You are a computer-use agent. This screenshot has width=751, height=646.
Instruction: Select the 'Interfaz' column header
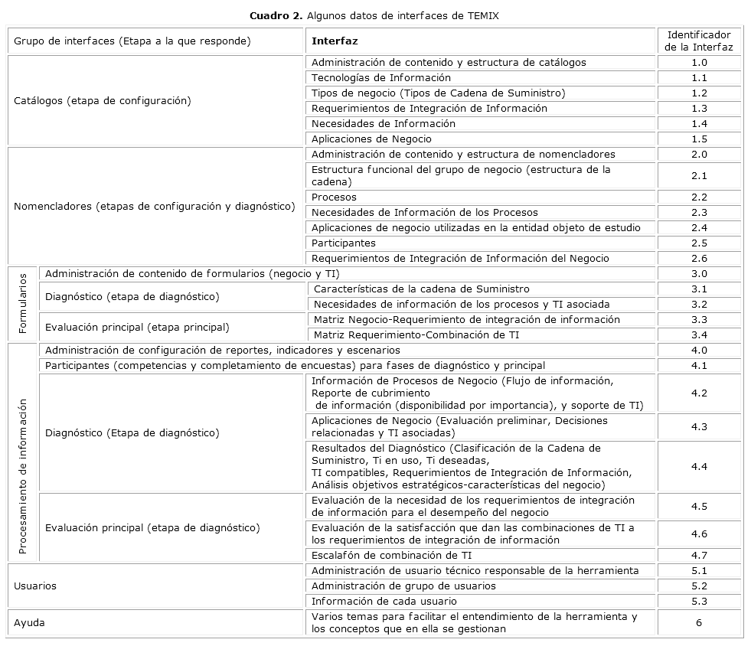coord(335,41)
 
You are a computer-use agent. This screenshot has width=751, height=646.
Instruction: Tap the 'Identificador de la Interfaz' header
coord(699,41)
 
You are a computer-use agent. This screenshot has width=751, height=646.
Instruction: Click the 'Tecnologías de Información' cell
coord(381,77)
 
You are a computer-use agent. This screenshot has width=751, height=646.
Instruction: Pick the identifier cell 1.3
coord(699,108)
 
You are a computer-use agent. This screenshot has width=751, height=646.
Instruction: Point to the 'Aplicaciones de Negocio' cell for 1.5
coord(371,139)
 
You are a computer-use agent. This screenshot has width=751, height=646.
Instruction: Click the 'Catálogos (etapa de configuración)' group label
coord(103,100)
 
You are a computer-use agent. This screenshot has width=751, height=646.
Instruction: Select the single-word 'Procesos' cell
coord(334,197)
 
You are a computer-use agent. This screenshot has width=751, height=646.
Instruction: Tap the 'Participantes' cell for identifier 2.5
coord(344,243)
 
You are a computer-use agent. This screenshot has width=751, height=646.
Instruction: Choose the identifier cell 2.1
coord(699,175)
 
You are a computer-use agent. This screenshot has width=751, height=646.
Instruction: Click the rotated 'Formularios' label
coord(22,304)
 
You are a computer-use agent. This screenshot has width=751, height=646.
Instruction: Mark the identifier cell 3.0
coord(699,273)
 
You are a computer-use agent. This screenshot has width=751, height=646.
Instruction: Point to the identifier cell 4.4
coord(699,466)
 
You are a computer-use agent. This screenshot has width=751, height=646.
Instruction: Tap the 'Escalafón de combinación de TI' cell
coord(391,555)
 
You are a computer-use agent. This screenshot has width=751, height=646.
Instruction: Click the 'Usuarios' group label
coord(35,586)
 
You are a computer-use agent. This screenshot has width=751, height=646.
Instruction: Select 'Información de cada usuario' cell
coord(384,601)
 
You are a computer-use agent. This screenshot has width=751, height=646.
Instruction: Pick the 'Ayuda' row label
coord(29,622)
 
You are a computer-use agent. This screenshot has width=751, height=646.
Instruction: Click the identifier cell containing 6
coord(699,622)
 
